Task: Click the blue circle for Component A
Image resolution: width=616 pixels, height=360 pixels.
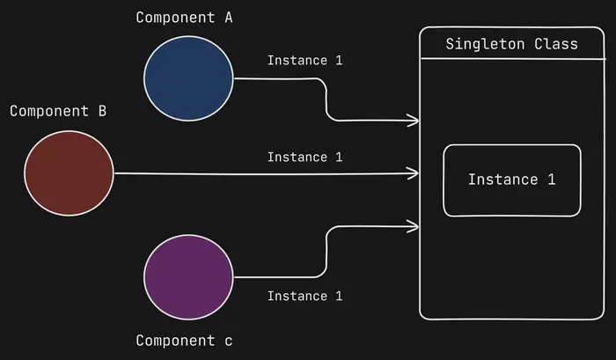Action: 189,77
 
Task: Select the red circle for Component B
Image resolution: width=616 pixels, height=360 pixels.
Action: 70,173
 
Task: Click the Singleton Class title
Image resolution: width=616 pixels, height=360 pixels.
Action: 511,44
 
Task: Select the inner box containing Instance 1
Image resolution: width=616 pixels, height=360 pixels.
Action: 511,180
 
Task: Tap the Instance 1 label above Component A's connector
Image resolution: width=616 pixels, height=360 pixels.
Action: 304,61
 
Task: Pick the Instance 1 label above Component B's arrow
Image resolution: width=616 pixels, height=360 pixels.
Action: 304,158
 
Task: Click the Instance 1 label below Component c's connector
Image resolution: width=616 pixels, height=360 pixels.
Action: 304,296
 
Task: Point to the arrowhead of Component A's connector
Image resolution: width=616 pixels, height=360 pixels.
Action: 414,119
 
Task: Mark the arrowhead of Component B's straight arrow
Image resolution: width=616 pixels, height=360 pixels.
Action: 414,174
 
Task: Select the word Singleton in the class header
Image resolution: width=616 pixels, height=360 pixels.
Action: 486,44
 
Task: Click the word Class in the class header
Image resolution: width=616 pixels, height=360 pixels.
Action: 556,44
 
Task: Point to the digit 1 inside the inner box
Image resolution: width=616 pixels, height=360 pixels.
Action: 552,180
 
